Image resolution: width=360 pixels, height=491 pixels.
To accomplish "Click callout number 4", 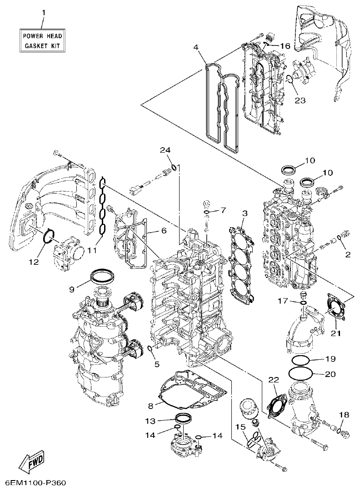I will (x=195, y=47).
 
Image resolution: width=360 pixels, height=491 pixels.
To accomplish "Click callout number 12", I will (x=36, y=261).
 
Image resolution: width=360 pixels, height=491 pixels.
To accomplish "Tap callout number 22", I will (x=274, y=380).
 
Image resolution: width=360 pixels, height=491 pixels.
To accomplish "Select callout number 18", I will (x=344, y=414).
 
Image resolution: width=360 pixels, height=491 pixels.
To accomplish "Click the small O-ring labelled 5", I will (x=150, y=349).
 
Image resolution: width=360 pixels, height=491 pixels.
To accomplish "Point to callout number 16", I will (x=285, y=46).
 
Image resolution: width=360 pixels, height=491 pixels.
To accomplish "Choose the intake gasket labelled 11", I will (x=103, y=209).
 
